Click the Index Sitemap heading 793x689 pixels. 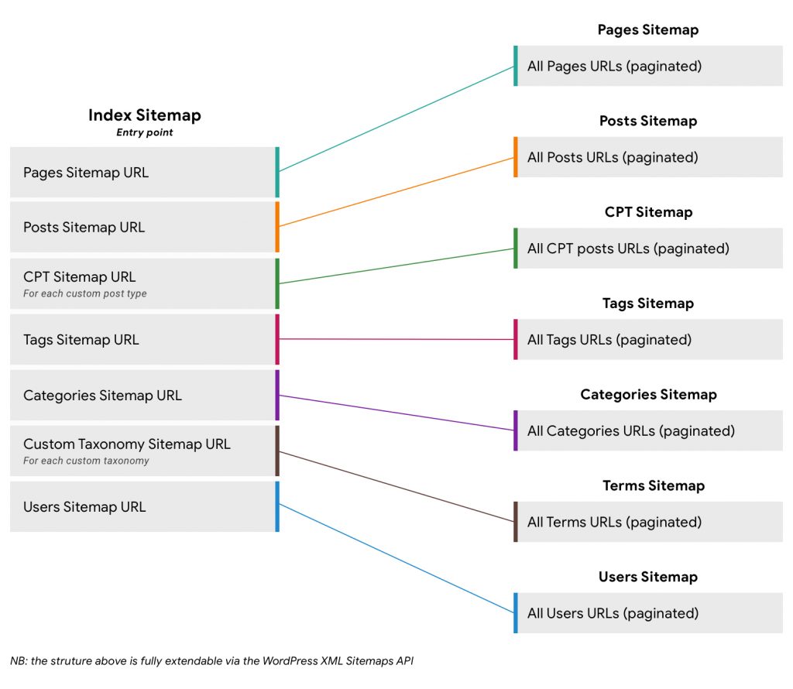(x=144, y=115)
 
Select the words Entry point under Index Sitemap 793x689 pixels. (x=144, y=132)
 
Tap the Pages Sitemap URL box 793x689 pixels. (x=143, y=172)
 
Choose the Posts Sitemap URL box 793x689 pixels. (x=143, y=227)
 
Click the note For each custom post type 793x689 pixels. (x=85, y=294)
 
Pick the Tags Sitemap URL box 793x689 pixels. (x=143, y=339)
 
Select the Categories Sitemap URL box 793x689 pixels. (x=143, y=395)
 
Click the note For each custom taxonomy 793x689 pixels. (x=86, y=461)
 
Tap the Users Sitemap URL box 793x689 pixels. (x=143, y=506)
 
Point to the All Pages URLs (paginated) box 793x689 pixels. (x=649, y=66)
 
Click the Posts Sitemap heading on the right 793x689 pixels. (x=647, y=121)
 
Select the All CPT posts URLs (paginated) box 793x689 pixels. (x=649, y=249)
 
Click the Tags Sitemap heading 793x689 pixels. (x=647, y=303)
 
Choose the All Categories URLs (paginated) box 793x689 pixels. (x=649, y=430)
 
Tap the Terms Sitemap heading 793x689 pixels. (x=653, y=485)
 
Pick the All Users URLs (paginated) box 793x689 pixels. (x=649, y=613)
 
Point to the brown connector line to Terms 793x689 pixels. (x=395, y=486)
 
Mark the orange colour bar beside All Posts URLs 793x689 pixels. (x=515, y=157)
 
